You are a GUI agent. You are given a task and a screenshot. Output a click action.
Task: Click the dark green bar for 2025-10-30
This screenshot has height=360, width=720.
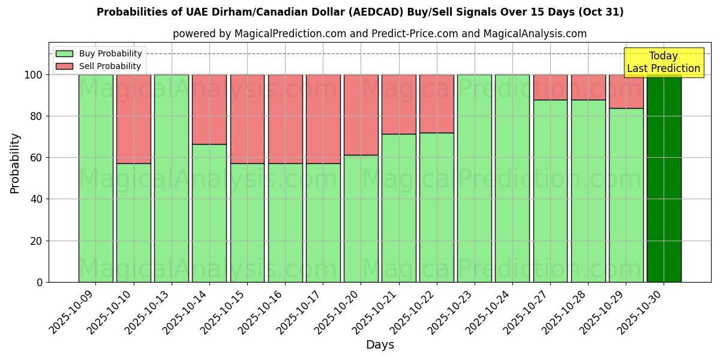(x=664, y=178)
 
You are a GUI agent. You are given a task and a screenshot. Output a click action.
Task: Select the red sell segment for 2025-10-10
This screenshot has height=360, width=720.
(x=133, y=119)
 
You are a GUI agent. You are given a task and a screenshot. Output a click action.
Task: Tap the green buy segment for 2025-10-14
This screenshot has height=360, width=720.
(x=209, y=213)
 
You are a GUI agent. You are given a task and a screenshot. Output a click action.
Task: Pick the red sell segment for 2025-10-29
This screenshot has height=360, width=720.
(x=626, y=91)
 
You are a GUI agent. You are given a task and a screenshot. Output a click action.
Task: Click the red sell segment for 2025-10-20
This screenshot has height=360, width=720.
(x=361, y=115)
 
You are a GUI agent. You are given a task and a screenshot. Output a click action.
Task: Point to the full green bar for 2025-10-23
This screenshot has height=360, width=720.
(x=474, y=178)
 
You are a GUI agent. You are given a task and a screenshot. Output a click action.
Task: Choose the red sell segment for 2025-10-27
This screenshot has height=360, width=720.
(x=550, y=87)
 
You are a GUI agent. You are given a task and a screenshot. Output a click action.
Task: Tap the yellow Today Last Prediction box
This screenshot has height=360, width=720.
(x=664, y=62)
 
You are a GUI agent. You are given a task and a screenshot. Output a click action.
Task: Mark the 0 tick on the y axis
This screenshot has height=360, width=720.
(x=40, y=283)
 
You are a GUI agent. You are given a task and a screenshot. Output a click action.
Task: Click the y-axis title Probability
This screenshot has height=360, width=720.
(x=15, y=163)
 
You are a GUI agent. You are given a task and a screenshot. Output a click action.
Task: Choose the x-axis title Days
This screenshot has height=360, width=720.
(x=380, y=345)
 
